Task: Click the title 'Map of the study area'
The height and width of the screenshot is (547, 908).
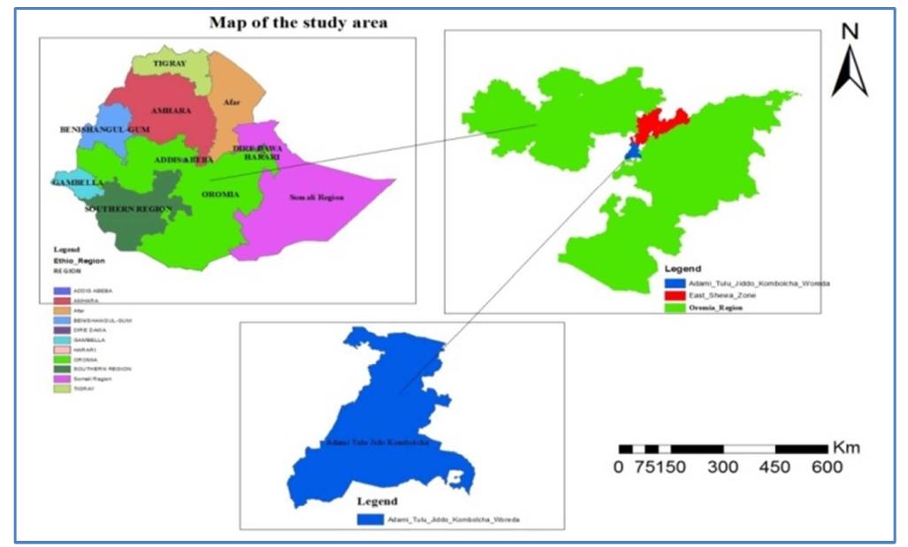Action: [x=298, y=22]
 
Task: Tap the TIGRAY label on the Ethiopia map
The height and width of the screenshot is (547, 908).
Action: [x=169, y=64]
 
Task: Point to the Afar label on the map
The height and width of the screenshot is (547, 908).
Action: [x=232, y=103]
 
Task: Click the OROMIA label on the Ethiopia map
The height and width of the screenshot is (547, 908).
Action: [x=219, y=194]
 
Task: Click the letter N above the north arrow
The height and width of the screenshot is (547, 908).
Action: [x=851, y=31]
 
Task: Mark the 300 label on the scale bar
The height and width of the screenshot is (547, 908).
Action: [x=723, y=467]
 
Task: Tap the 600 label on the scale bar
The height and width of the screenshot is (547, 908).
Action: [x=827, y=467]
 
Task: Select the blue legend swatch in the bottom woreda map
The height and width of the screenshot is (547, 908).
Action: [x=370, y=520]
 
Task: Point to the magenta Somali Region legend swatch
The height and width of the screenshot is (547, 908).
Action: [x=62, y=377]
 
